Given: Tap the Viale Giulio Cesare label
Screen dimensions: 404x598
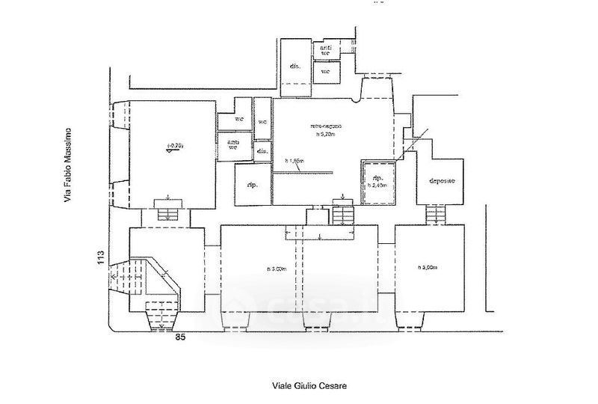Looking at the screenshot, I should coord(309,386).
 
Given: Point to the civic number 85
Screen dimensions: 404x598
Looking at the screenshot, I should coord(180,337).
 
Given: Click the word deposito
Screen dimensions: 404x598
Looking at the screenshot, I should coord(442,182).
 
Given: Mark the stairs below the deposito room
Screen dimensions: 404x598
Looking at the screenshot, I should coord(435,215).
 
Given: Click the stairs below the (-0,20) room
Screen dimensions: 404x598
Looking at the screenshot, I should coord(167,214).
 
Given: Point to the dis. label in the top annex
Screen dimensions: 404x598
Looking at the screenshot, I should coord(295,67).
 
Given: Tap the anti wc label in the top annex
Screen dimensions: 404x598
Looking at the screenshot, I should coord(326,50).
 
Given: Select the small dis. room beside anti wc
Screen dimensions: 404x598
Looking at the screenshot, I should coord(262,152).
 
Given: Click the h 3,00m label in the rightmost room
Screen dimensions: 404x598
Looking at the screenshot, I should coord(429,268).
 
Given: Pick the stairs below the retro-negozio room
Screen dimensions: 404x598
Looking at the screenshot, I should coord(342,215).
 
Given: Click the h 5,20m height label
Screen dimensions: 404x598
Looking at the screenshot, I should coord(326,135).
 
